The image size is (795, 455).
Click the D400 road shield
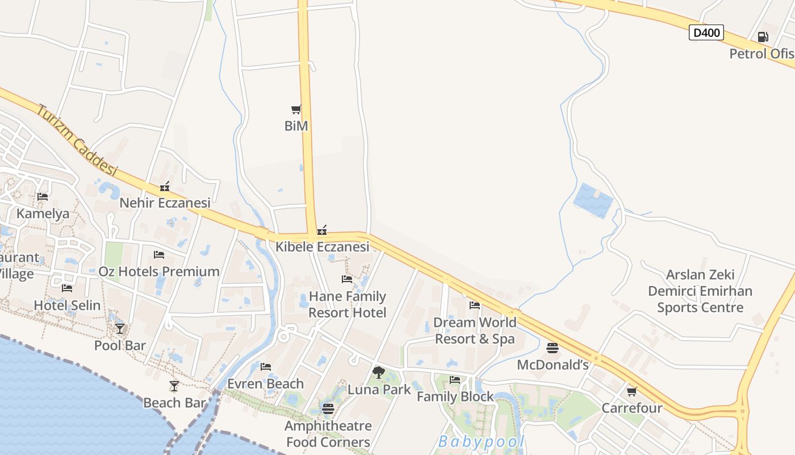(x=706, y=32)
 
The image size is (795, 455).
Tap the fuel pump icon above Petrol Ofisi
(x=763, y=38)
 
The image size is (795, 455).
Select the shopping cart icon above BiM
(x=296, y=109)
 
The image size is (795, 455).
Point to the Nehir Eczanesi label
(x=165, y=202)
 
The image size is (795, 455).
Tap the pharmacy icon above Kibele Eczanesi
(x=321, y=230)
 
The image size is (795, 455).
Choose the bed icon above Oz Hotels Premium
(x=159, y=255)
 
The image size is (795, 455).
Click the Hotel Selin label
(x=67, y=305)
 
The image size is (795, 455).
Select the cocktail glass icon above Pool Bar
(x=120, y=328)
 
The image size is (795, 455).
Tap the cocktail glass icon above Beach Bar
(x=174, y=386)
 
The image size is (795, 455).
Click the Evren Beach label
(x=265, y=384)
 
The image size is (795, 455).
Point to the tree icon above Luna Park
(x=379, y=373)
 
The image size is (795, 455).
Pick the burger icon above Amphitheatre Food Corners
(x=328, y=408)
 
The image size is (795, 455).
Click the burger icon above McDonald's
(x=553, y=348)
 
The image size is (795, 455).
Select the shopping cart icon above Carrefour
(x=631, y=391)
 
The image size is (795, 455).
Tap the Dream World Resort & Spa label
(x=475, y=330)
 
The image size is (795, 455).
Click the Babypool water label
(x=480, y=442)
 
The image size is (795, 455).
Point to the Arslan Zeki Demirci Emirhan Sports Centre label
(x=700, y=291)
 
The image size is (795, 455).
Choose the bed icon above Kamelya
(x=43, y=197)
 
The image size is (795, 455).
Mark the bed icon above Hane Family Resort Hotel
(x=347, y=279)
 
